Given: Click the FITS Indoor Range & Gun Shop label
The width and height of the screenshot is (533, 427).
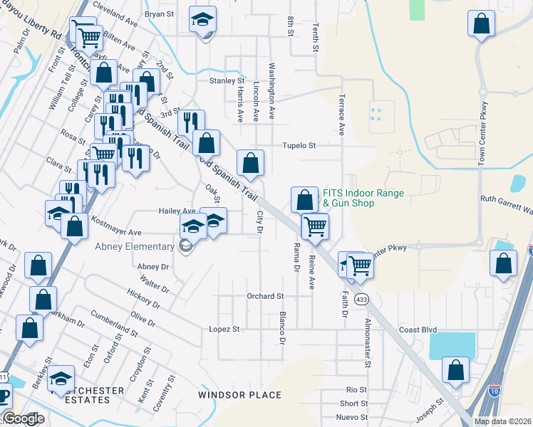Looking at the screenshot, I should coord(363,198).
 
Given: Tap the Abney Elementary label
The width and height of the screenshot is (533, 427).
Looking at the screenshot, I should coord(135,247).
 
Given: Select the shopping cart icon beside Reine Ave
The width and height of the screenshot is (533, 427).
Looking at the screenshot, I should coord(315,227).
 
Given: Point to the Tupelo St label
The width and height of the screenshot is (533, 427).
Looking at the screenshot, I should coord(299,145).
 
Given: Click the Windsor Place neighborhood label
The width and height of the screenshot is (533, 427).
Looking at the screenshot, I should coord(239,395).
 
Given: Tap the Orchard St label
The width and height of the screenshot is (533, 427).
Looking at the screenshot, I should coord(265,296).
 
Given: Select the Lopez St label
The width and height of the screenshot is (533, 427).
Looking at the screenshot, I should coord(224,330).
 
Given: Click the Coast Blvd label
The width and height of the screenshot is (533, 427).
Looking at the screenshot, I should coord(418,330).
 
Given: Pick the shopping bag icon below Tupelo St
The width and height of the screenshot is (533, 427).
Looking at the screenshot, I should coord(251,163).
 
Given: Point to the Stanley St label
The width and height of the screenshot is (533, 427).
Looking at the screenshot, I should coord(226,81).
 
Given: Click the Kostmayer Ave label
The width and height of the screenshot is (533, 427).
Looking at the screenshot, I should coord(115,232).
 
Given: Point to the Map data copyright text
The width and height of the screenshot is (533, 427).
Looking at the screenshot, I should coord(502,421).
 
